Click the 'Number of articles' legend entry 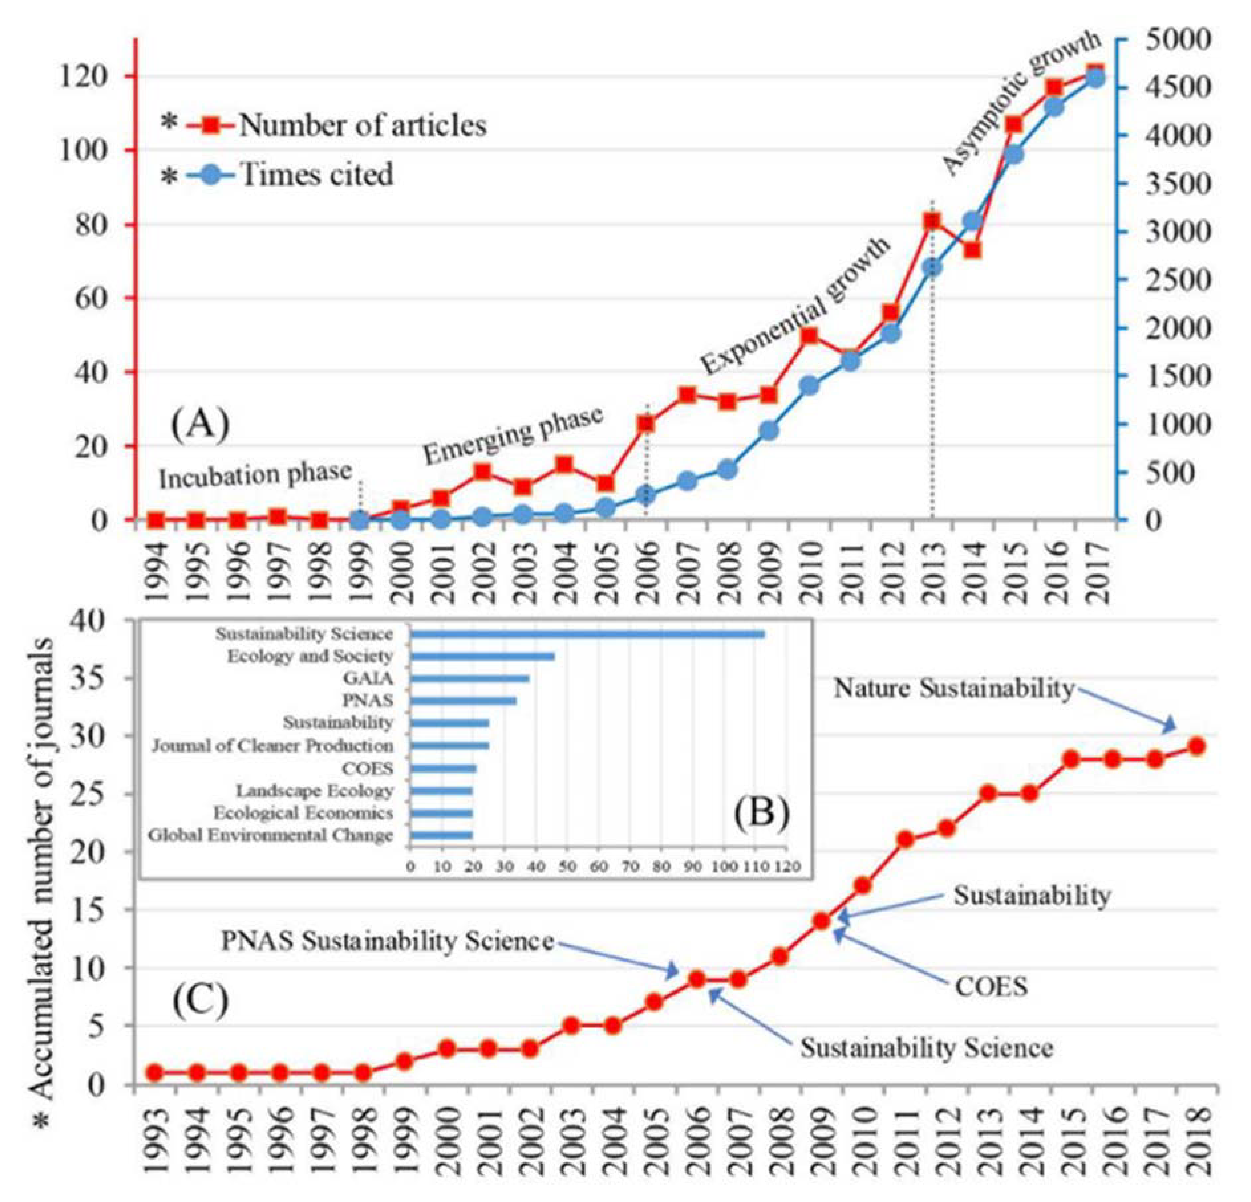pyautogui.click(x=362, y=126)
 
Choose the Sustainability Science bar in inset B pyautogui.click(x=587, y=634)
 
